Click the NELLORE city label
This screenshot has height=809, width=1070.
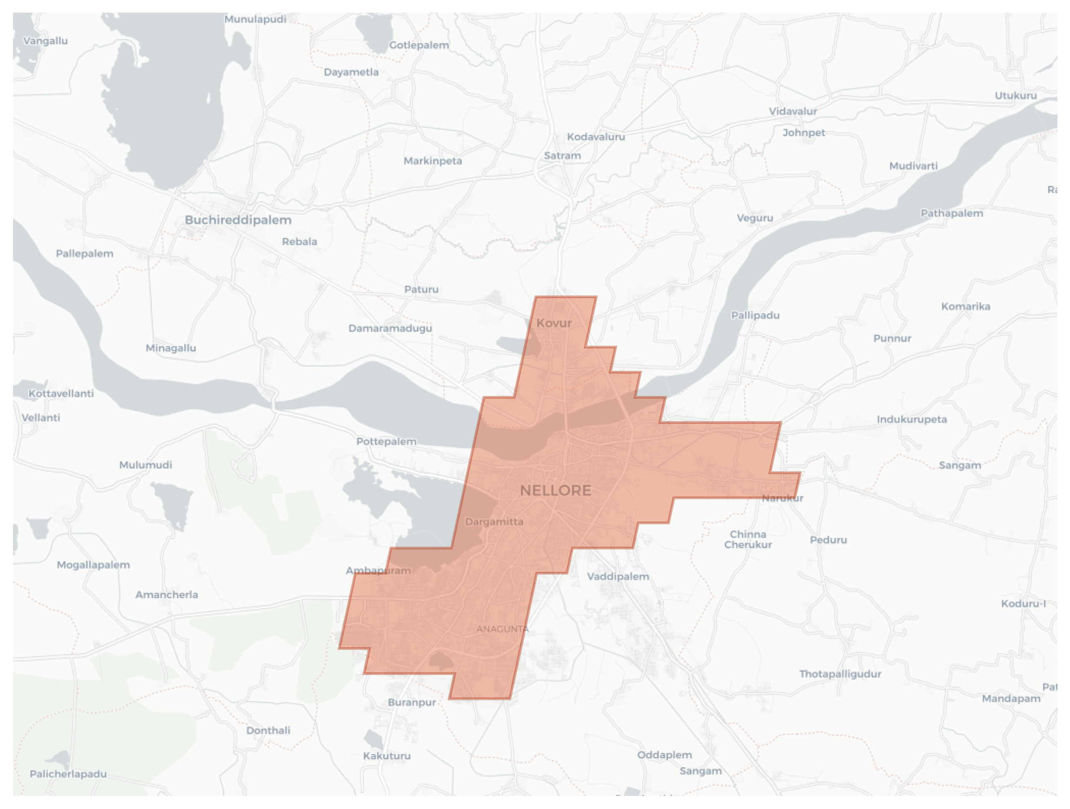555,490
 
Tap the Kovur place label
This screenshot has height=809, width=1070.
554,323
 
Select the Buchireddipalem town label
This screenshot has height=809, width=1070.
238,220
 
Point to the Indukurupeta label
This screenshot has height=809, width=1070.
911,420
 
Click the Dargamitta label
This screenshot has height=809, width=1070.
494,522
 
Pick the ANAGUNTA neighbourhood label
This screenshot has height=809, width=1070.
502,629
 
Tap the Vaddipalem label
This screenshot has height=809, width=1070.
618,577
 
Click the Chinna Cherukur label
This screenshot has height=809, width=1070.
748,540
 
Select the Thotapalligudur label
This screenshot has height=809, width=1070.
840,674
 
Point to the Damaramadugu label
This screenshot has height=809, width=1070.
390,329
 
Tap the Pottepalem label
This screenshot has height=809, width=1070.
386,442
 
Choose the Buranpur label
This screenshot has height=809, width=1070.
412,702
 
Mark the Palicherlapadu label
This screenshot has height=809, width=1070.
68,774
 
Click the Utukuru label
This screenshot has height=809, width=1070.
1015,96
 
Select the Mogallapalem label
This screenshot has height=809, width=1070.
94,565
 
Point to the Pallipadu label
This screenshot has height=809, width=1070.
755,316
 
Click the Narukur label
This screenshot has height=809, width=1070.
782,498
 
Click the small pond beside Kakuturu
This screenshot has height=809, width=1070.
373,739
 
